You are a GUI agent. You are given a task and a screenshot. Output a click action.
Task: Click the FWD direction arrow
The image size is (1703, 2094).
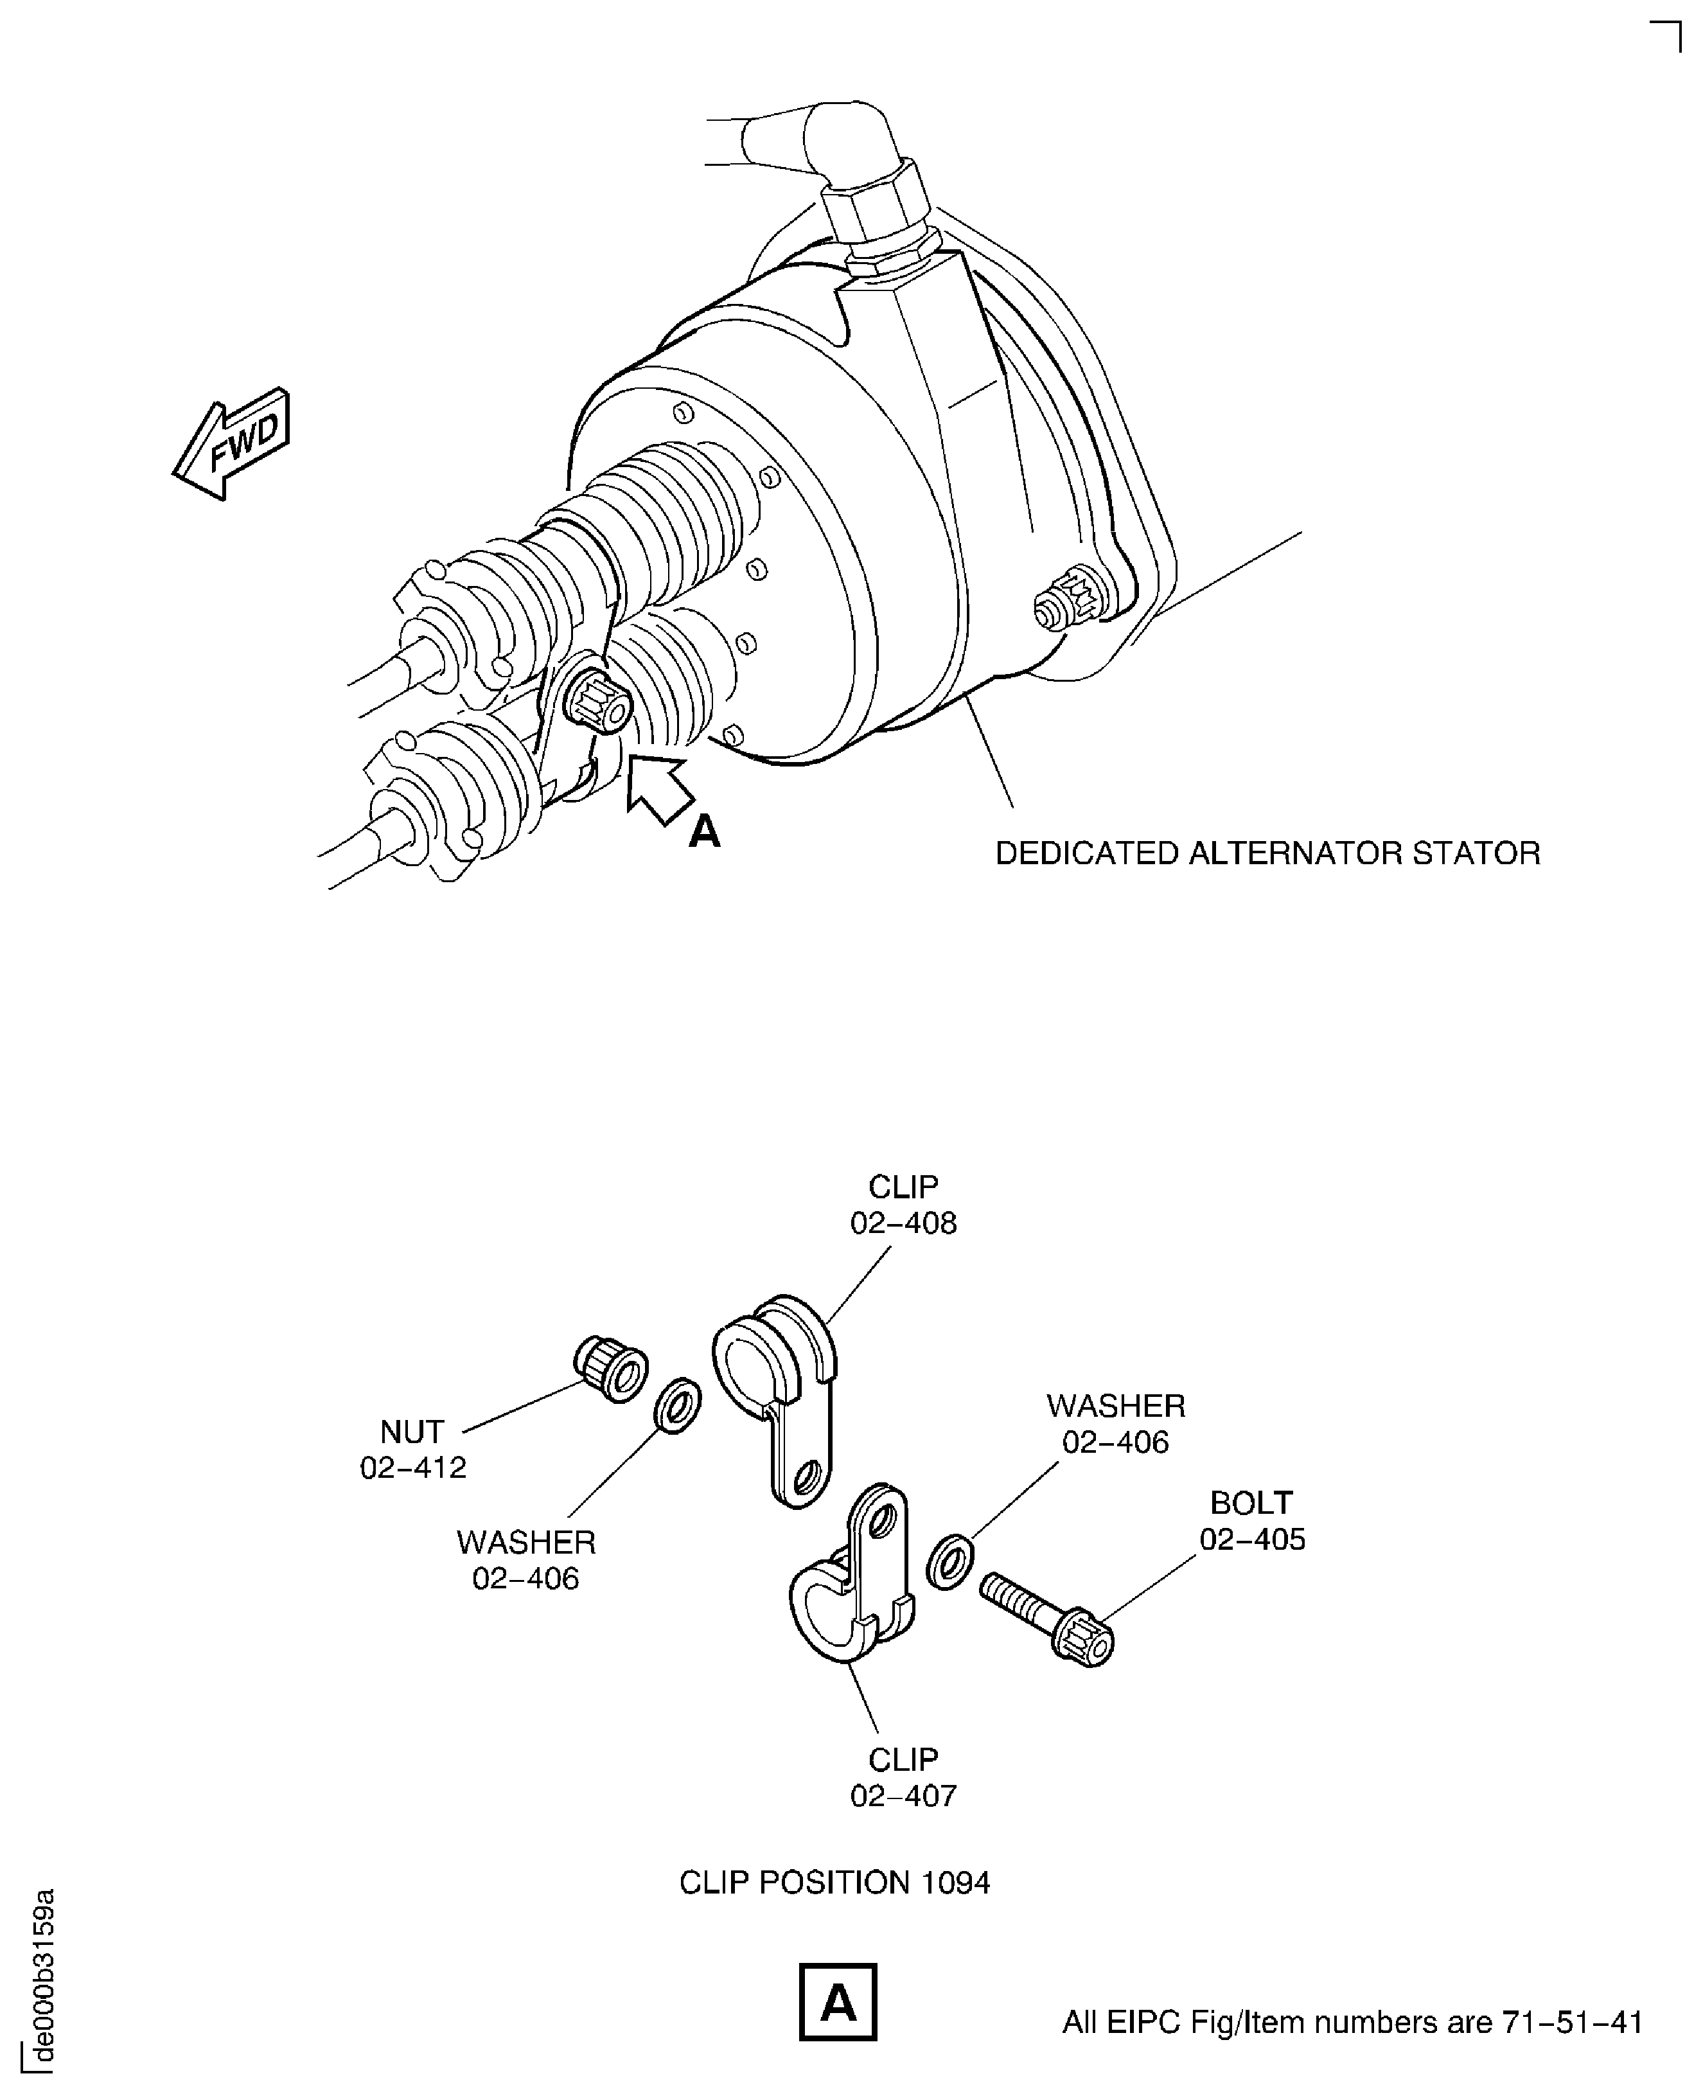tap(233, 443)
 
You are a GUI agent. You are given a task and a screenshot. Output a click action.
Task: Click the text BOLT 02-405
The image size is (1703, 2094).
tap(1252, 1521)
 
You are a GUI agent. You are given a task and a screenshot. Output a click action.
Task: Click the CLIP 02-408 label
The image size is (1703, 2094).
tap(903, 1205)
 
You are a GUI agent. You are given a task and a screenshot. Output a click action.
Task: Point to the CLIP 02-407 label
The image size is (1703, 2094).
tap(903, 1777)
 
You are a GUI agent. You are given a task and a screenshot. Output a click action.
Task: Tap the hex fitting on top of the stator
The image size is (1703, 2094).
tap(873, 208)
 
